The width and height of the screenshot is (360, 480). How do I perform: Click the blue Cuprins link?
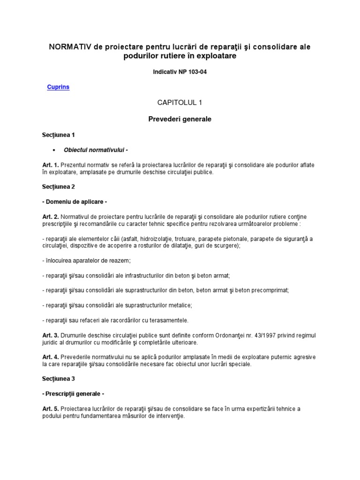tap(59, 87)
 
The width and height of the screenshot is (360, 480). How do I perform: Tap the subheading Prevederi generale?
tap(180, 119)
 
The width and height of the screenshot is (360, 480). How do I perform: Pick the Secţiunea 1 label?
tap(59, 135)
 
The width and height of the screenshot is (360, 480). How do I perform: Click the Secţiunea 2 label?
tap(59, 186)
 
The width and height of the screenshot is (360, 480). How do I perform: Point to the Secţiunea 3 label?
tap(59, 378)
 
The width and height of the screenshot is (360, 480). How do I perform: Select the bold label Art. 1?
tap(50, 165)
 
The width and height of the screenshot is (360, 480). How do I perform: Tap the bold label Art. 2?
tap(50, 216)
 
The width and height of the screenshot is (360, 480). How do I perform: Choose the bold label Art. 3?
tap(50, 336)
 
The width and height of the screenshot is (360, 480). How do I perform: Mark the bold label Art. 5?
tap(50, 409)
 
